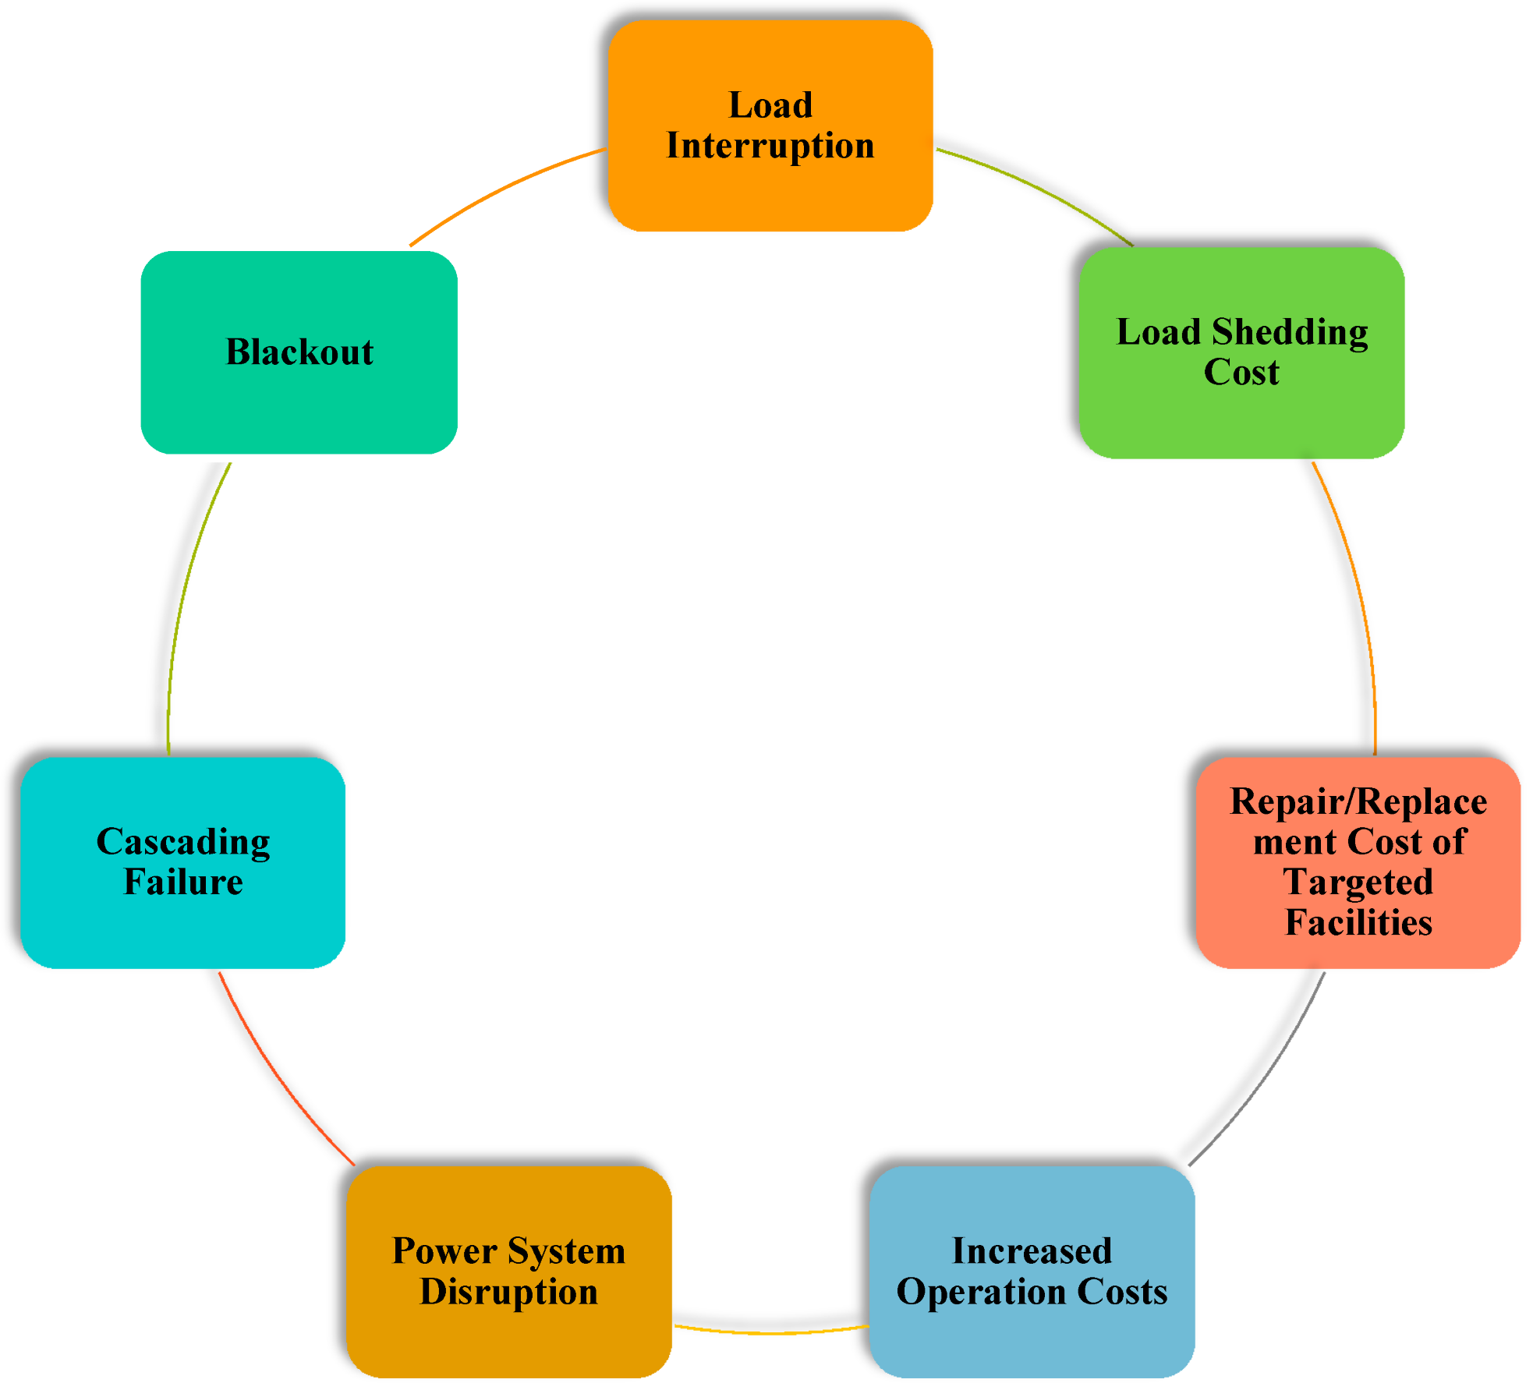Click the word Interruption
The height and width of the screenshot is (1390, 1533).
[x=770, y=146]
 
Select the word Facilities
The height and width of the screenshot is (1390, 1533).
[x=1358, y=923]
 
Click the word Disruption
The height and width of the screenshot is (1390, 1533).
[x=508, y=1292]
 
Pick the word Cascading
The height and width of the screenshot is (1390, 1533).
[x=182, y=843]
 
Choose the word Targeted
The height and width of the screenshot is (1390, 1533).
[x=1358, y=882]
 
